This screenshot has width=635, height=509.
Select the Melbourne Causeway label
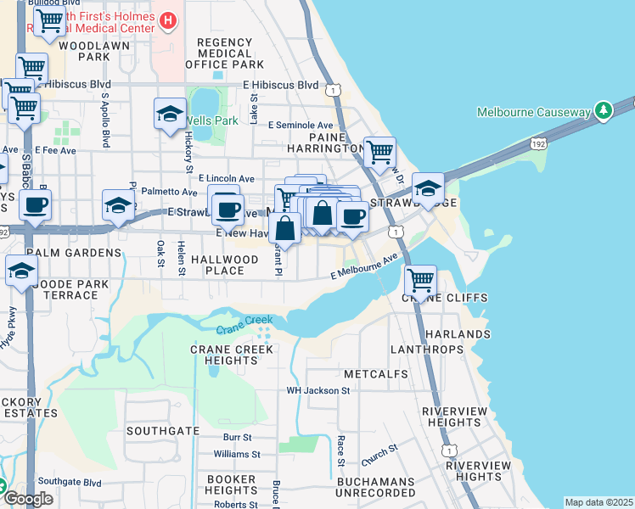point(533,112)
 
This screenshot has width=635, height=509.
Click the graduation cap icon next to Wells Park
point(170,114)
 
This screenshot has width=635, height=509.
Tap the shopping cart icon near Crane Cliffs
point(420,278)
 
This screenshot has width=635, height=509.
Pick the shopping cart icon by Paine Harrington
point(379,153)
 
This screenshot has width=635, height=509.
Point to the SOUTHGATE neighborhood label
point(162,431)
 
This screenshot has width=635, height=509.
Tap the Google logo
point(28,499)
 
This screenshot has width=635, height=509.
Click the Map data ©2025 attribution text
point(598,502)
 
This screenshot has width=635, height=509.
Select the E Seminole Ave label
point(301,125)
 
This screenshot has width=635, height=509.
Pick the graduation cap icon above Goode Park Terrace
point(21,271)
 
